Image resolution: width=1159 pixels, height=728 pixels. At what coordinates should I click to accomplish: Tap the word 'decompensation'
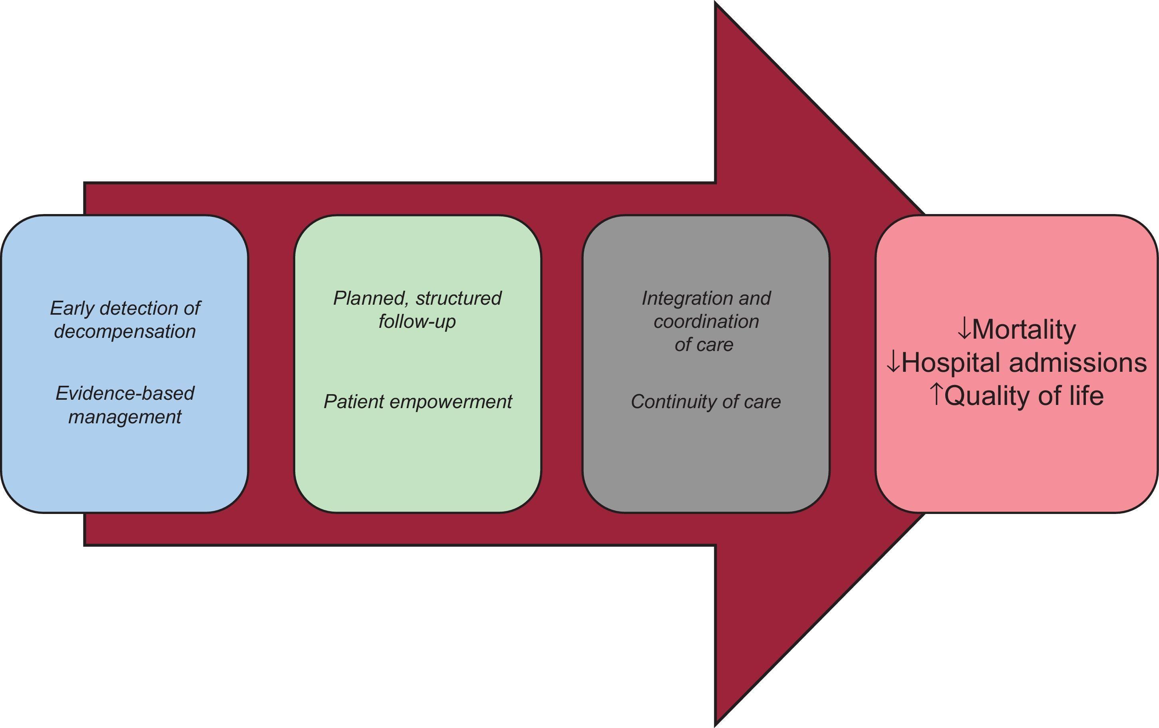[125, 331]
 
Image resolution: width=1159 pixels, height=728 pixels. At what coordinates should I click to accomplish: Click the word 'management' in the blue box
[125, 417]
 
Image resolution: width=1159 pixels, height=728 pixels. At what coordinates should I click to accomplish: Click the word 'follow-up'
[417, 321]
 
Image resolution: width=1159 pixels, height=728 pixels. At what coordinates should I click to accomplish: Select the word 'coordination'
[706, 321]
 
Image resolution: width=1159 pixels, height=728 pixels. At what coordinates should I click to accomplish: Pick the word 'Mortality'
[1023, 330]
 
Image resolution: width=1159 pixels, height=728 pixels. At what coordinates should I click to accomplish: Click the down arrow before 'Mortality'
[964, 330]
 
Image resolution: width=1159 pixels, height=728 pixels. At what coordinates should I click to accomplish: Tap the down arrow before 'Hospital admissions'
[893, 363]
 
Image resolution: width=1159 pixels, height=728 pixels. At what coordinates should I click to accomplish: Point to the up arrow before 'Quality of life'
[936, 395]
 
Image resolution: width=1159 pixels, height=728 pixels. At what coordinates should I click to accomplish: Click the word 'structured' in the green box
[459, 298]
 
